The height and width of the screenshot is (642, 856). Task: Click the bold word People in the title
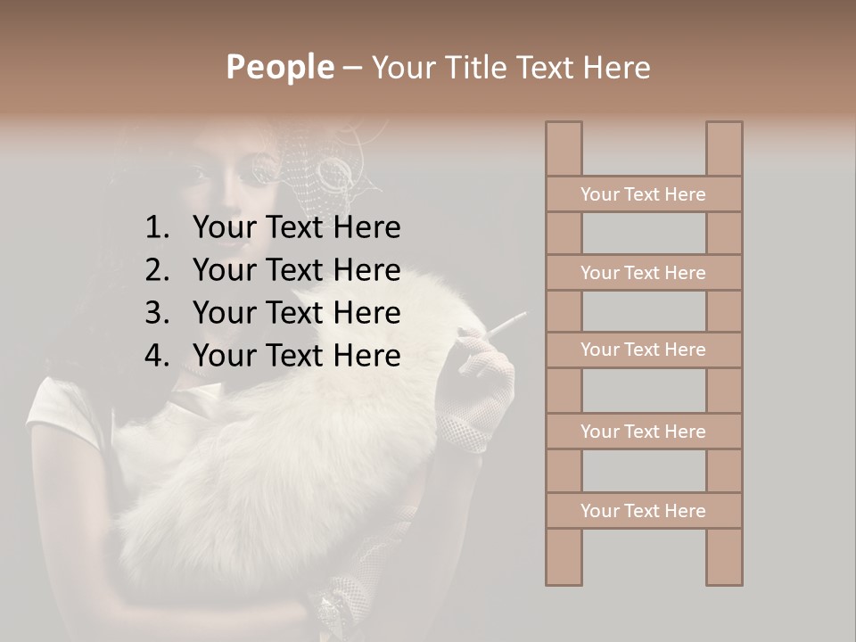(x=279, y=68)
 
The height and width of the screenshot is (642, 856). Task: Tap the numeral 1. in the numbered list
(x=157, y=228)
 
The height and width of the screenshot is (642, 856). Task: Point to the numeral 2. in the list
(x=157, y=270)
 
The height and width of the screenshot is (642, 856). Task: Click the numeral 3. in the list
(x=157, y=313)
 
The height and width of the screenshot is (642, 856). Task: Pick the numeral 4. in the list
(x=157, y=356)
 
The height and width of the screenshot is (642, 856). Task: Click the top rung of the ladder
(x=643, y=194)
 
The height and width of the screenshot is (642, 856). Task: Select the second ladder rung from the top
(x=643, y=273)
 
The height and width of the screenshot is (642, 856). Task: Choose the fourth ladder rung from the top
(x=643, y=432)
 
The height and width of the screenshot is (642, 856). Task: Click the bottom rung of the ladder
(x=643, y=511)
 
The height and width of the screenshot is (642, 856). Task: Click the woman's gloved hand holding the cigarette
(x=486, y=374)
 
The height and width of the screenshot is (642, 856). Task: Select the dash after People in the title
(x=351, y=69)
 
